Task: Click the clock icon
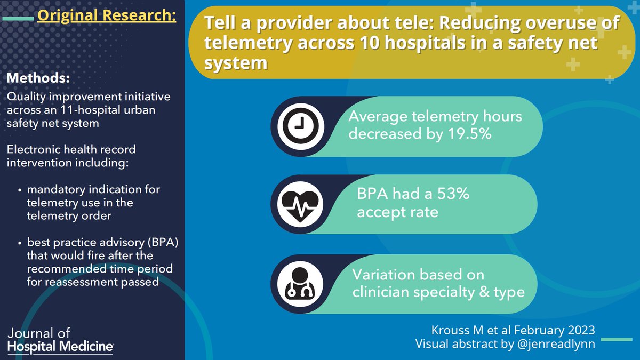point(300,126)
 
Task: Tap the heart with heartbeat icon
point(300,204)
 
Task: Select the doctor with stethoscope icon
point(300,283)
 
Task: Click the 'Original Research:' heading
point(106,16)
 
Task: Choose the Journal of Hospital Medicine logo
point(60,340)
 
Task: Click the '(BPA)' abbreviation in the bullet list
point(164,244)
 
